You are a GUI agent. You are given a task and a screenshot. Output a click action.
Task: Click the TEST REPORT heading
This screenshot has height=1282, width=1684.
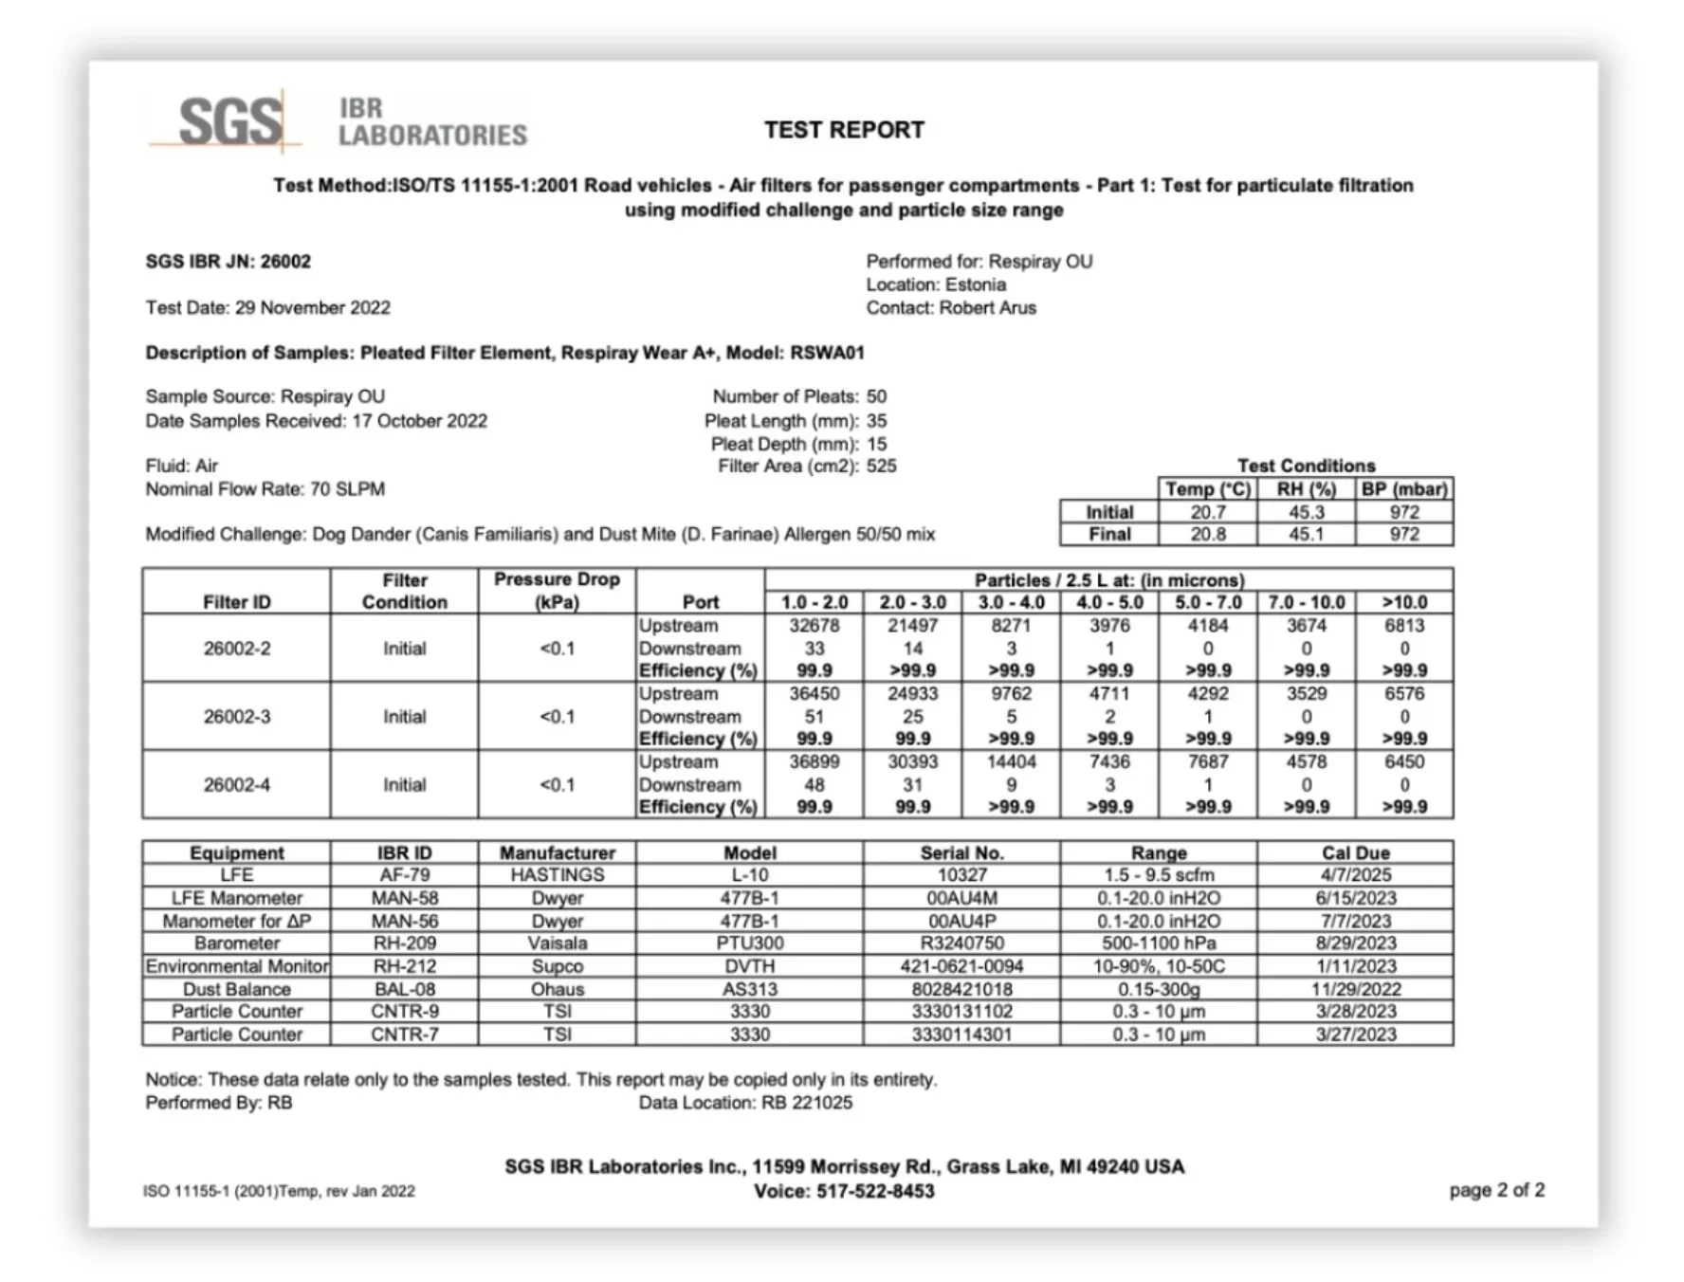pyautogui.click(x=844, y=130)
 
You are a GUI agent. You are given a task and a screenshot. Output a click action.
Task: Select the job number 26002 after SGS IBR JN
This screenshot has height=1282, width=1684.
pyautogui.click(x=285, y=262)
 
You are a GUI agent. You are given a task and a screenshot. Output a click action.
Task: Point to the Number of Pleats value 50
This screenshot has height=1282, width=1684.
pyautogui.click(x=876, y=397)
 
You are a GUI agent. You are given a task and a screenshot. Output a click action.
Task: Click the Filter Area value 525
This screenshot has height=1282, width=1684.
pyautogui.click(x=881, y=467)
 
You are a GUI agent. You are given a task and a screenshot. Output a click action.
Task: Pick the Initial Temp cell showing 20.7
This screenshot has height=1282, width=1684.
pyautogui.click(x=1208, y=512)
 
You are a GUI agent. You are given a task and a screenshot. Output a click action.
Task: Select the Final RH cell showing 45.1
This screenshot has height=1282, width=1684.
pyautogui.click(x=1306, y=535)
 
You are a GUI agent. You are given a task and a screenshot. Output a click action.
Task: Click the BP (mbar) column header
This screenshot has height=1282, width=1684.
pyautogui.click(x=1404, y=489)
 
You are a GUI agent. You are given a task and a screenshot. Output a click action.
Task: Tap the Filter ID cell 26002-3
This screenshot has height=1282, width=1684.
pyautogui.click(x=237, y=717)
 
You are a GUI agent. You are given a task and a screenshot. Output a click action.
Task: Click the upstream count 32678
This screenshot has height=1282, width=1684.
pyautogui.click(x=815, y=626)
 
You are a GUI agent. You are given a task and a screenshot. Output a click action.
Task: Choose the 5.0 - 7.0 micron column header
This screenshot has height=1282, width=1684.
pyautogui.click(x=1208, y=603)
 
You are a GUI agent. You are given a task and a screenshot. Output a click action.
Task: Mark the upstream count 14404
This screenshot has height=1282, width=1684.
pyautogui.click(x=1011, y=762)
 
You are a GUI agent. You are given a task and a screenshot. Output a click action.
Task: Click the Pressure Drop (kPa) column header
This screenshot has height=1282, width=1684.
pyautogui.click(x=557, y=590)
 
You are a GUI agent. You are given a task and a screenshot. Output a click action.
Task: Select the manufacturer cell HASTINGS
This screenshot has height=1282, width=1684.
pyautogui.click(x=557, y=875)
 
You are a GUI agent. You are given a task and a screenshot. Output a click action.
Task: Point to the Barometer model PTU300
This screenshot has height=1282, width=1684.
pyautogui.click(x=749, y=943)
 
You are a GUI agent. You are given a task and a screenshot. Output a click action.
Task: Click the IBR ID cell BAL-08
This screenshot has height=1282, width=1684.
pyautogui.click(x=404, y=989)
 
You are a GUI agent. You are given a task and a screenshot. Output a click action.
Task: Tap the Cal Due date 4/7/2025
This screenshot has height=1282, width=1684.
pyautogui.click(x=1355, y=875)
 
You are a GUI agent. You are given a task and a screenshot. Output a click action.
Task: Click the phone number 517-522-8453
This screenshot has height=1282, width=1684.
pyautogui.click(x=875, y=1192)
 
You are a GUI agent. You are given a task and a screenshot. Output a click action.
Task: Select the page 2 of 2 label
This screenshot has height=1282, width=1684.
pyautogui.click(x=1496, y=1190)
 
